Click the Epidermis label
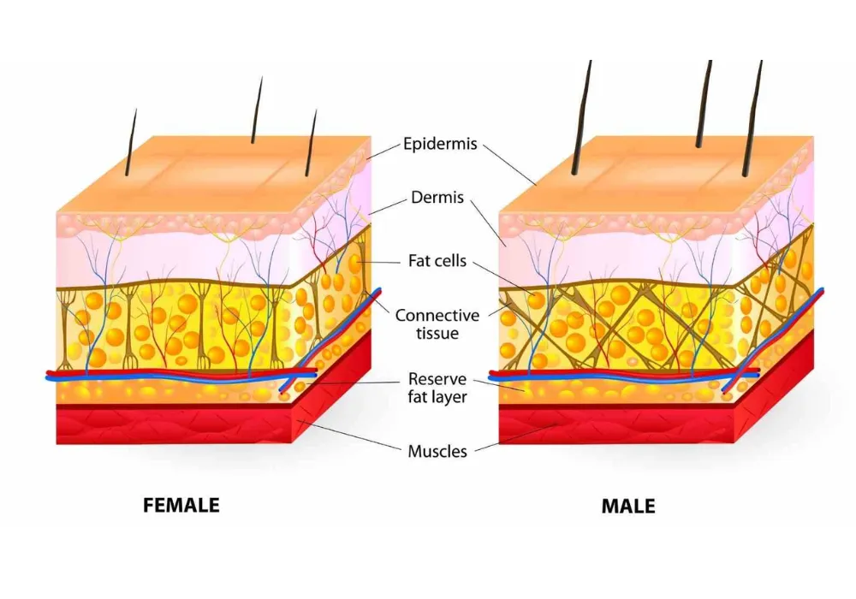tap(440, 145)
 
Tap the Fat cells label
tap(437, 261)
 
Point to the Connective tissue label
tap(437, 324)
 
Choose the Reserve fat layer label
tap(437, 388)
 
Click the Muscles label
tap(437, 451)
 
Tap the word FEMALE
tap(181, 505)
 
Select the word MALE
tap(628, 506)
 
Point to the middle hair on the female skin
tap(257, 111)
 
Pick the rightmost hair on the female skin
tap(311, 144)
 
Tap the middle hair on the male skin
tap(704, 103)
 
